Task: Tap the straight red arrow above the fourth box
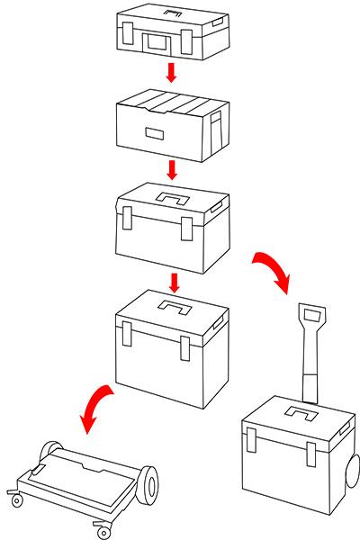tap(175, 282)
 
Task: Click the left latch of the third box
tap(128, 219)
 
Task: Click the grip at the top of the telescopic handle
tap(312, 316)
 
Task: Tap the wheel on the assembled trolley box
tap(354, 474)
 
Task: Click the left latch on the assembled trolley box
tap(251, 440)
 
